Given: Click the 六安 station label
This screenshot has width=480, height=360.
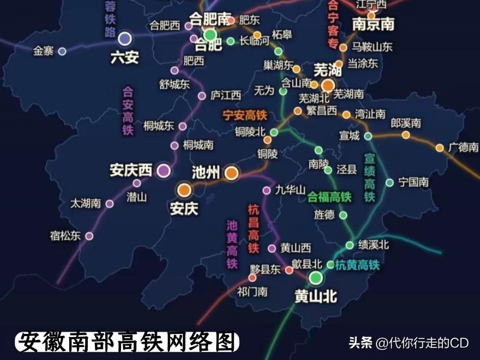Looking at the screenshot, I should click(125, 57).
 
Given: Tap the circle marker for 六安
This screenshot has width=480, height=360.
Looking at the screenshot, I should click(125, 39).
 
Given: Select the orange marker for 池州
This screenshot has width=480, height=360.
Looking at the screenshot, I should click(231, 173).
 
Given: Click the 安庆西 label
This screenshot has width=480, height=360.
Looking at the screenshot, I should click(131, 170).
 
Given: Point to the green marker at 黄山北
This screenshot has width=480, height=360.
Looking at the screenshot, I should click(315, 278).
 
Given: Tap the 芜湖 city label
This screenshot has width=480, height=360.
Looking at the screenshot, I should click(328, 70).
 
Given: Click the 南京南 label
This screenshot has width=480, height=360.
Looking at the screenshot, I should click(373, 25).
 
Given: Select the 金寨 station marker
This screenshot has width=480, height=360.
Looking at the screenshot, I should click(62, 51).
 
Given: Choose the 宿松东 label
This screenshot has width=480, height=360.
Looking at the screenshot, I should click(65, 236).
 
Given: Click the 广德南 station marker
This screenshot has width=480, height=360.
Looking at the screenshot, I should click(440, 148).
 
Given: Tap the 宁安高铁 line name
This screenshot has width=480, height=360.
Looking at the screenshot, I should click(245, 115).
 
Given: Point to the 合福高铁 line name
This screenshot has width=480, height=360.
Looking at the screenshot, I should click(330, 197).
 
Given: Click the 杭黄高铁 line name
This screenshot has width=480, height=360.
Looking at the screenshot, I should click(357, 265).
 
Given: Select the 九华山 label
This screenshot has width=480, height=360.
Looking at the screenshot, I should click(290, 190).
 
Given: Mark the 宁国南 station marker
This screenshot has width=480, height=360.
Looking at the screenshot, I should click(390, 182).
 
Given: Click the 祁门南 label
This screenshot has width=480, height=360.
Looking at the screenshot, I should click(252, 292).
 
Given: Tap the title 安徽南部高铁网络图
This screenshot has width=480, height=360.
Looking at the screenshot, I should click(127, 342).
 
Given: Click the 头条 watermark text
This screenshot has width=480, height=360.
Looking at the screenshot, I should click(360, 343).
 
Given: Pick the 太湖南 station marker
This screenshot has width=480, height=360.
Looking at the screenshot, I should click(110, 204).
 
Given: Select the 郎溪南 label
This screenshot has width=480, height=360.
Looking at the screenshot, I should click(406, 124).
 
